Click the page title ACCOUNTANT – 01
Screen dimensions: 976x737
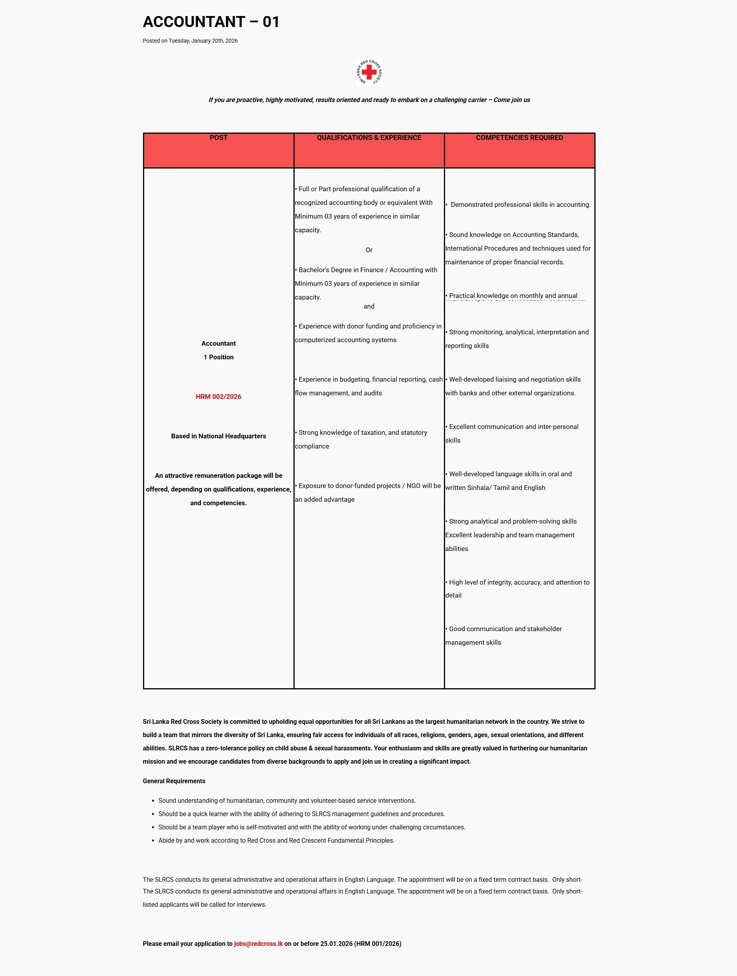[211, 22]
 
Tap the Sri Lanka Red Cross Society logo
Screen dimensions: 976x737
[369, 72]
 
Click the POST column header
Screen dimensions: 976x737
[218, 138]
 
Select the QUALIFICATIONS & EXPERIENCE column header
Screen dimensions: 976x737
[369, 138]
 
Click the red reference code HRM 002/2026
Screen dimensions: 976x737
[218, 396]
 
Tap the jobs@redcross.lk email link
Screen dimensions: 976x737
[258, 944]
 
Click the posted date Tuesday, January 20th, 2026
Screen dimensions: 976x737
[203, 41]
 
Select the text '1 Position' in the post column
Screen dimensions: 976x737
[218, 357]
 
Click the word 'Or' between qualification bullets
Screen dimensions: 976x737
[369, 250]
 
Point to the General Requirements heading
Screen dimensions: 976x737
[174, 781]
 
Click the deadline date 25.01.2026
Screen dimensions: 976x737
[336, 944]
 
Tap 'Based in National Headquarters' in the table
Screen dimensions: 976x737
[218, 436]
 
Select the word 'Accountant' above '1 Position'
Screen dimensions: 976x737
[218, 343]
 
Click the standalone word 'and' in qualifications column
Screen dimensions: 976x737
[369, 306]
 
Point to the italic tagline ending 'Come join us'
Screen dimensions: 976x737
[369, 100]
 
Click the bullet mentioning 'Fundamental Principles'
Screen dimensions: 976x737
[276, 841]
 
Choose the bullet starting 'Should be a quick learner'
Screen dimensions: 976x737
[301, 814]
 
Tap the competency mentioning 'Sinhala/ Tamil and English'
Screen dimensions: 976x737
[508, 481]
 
